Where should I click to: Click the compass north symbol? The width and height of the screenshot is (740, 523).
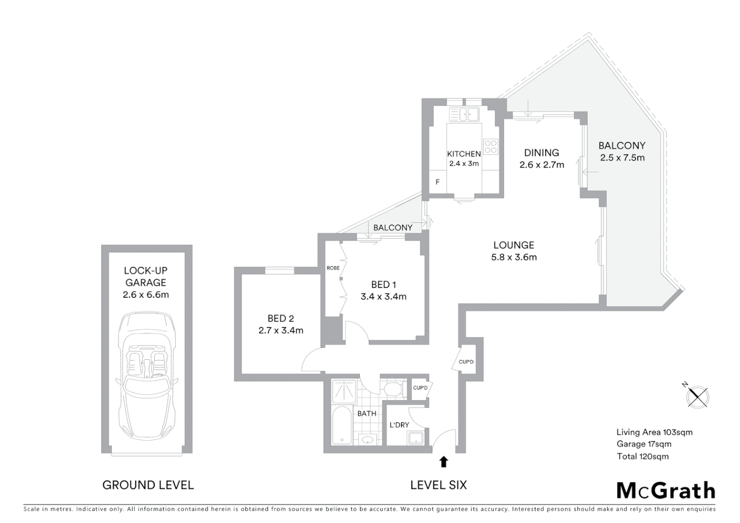click(x=698, y=397)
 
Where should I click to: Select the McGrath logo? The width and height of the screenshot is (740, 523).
click(x=665, y=491)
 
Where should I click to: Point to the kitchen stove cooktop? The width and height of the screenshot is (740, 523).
click(x=490, y=146)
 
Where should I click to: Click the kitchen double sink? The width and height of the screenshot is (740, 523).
click(x=464, y=115)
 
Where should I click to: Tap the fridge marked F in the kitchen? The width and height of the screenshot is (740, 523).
click(x=437, y=182)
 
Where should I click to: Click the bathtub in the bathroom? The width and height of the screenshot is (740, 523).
click(x=343, y=426)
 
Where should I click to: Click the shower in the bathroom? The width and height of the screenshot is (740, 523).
click(x=344, y=391)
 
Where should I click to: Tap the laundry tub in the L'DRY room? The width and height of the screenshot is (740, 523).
click(x=415, y=439)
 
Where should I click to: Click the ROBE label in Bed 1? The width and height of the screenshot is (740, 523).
click(x=333, y=268)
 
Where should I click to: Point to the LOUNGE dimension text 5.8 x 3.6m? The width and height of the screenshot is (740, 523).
click(x=514, y=258)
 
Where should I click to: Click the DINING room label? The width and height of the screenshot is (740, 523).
click(x=541, y=153)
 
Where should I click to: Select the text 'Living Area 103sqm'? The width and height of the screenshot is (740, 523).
click(x=654, y=432)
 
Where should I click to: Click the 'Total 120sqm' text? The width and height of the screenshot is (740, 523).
click(x=642, y=456)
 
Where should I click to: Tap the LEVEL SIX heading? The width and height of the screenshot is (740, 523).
click(x=438, y=485)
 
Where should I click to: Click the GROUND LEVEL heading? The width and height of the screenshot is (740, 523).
click(x=148, y=485)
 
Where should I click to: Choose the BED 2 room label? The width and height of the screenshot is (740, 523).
click(x=280, y=318)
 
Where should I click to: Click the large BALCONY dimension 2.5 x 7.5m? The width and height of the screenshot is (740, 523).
click(x=622, y=158)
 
